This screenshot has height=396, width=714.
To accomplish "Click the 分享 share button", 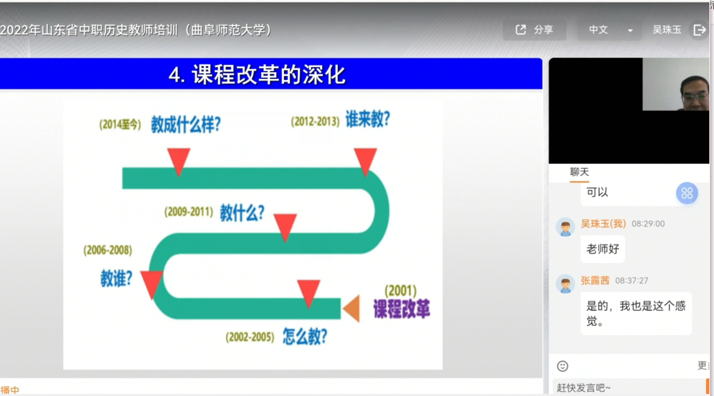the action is coord(534,30).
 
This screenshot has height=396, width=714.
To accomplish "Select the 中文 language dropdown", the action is coord(609,30).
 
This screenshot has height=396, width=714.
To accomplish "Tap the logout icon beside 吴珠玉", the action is coord(699,30).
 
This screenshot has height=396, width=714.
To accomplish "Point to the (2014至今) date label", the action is coord(120,125).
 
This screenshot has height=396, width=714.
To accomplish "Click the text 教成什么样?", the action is coord(186,124).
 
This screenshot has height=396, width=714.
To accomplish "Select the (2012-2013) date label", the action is coord(315,121).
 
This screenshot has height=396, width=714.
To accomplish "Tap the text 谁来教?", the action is coord(368,119).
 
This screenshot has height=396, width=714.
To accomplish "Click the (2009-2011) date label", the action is coord(189,212).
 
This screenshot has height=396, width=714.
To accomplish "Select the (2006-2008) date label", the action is coord(108,250).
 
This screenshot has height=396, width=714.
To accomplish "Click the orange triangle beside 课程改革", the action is coord(352,308).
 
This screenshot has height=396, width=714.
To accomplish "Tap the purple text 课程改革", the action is coord(402,309).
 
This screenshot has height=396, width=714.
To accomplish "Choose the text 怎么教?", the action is coord(305,336).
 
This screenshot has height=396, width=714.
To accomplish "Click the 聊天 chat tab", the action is coord(579,172).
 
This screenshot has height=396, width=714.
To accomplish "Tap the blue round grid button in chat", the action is coord(687,193).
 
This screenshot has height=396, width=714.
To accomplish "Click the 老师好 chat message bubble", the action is coord(602,249).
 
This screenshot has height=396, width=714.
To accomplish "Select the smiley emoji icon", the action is coord(562,366).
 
